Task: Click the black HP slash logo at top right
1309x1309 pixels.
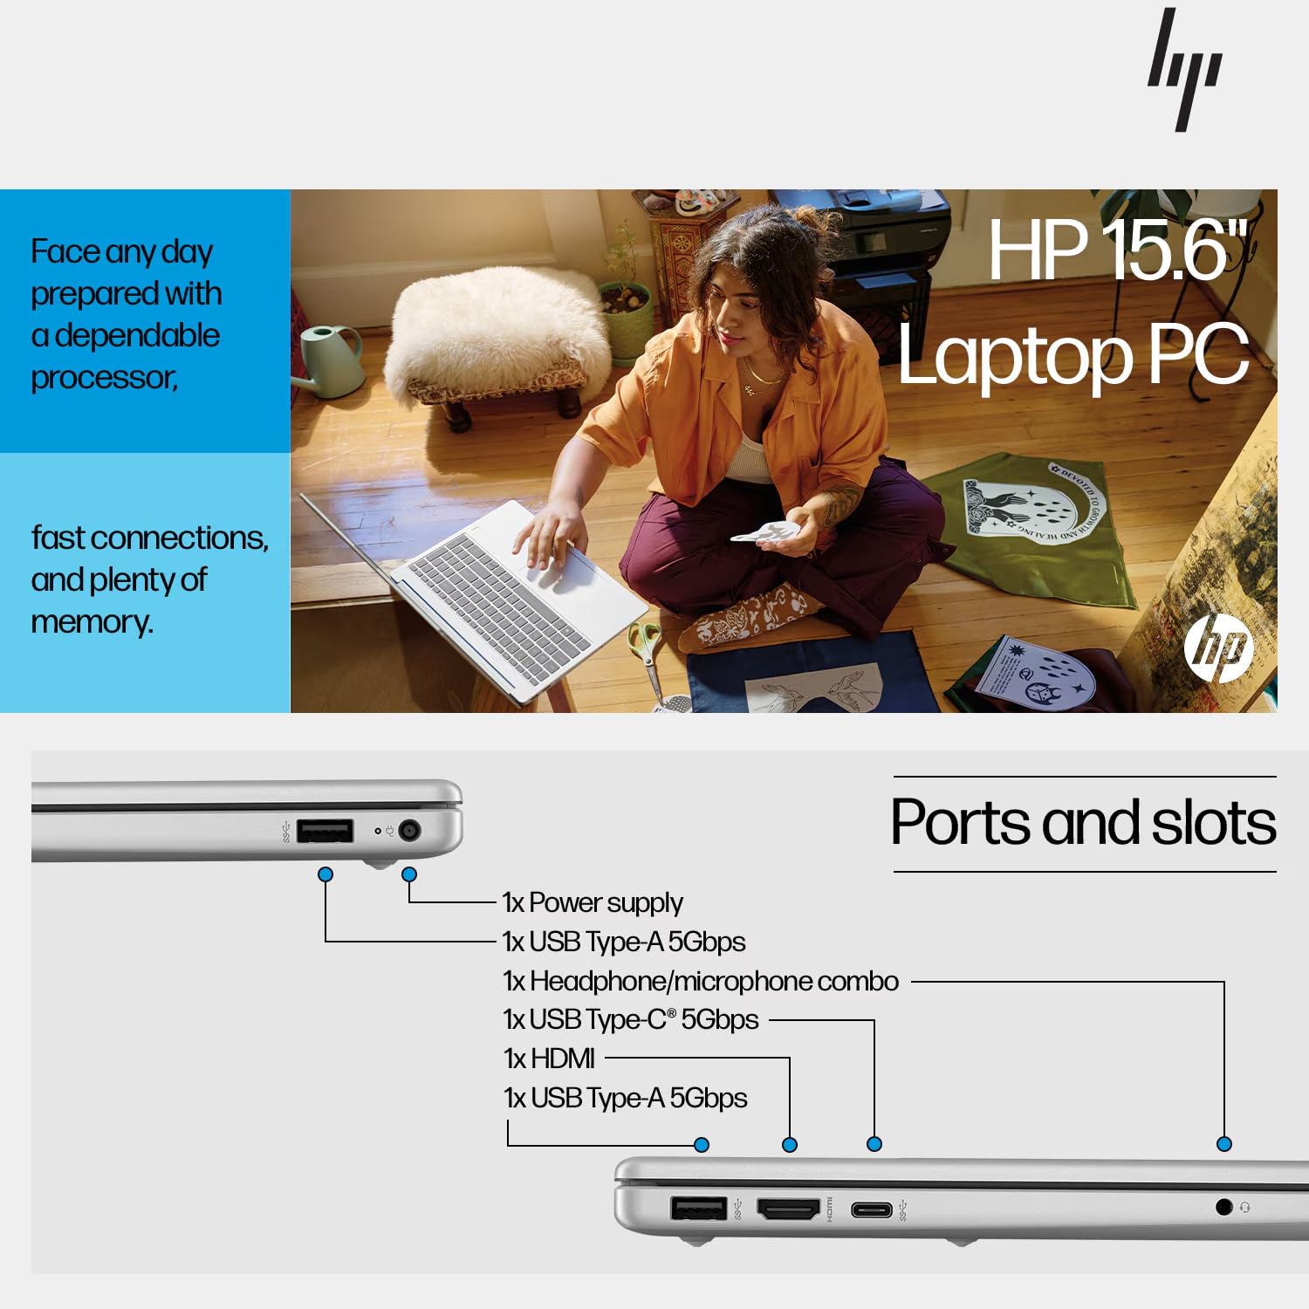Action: pyautogui.click(x=1184, y=70)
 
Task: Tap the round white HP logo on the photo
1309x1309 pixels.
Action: pyautogui.click(x=1218, y=647)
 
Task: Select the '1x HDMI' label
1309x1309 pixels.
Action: pyautogui.click(x=550, y=1059)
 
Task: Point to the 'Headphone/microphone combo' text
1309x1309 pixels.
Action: pyautogui.click(x=714, y=981)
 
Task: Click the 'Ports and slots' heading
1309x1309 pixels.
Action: pyautogui.click(x=1083, y=823)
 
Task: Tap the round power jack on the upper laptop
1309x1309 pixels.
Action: pyautogui.click(x=409, y=831)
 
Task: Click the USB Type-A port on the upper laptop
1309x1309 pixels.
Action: pyautogui.click(x=325, y=831)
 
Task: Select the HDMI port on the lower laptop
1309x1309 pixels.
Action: pyautogui.click(x=788, y=1210)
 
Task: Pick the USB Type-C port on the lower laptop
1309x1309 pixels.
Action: pyautogui.click(x=872, y=1210)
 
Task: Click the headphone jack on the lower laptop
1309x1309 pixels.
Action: pyautogui.click(x=1223, y=1207)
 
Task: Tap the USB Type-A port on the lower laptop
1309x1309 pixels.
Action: pyautogui.click(x=698, y=1209)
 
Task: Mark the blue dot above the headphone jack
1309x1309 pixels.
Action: pyautogui.click(x=1224, y=1144)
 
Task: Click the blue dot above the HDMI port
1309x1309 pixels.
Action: pyautogui.click(x=790, y=1145)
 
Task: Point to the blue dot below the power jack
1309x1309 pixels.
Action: pyautogui.click(x=409, y=874)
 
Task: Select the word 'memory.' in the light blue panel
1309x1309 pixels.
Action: pyautogui.click(x=92, y=622)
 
